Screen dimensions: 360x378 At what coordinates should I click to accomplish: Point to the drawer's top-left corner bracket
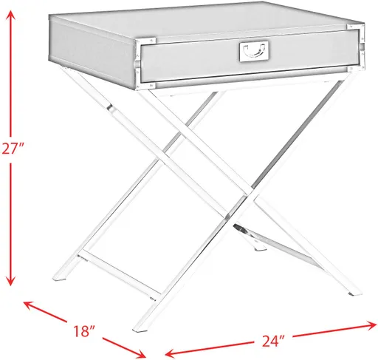[148, 41]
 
